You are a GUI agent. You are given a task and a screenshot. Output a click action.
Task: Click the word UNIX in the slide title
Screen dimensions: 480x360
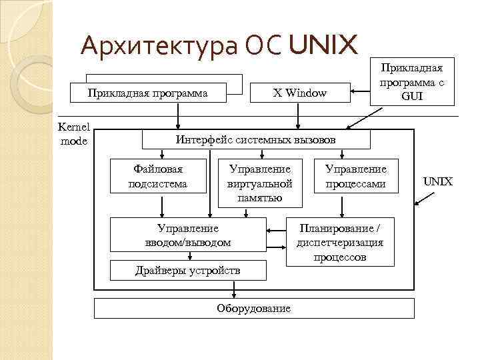point(324,45)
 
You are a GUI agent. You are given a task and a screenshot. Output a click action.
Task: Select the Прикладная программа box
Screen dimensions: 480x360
point(147,93)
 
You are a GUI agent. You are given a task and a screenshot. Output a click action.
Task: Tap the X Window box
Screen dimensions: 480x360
point(300,93)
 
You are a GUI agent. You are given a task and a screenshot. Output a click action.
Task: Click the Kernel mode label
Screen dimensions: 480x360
point(73,133)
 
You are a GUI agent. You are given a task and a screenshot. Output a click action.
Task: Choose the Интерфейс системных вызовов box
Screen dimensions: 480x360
point(255,140)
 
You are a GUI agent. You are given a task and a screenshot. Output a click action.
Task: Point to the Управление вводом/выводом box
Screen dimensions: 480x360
point(188,235)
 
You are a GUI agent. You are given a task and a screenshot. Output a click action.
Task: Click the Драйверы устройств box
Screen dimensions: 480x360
point(188,270)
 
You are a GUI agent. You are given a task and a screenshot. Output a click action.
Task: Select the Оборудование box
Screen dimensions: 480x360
point(254,308)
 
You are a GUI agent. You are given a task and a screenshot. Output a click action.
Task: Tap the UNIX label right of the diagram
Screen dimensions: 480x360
point(438,181)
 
